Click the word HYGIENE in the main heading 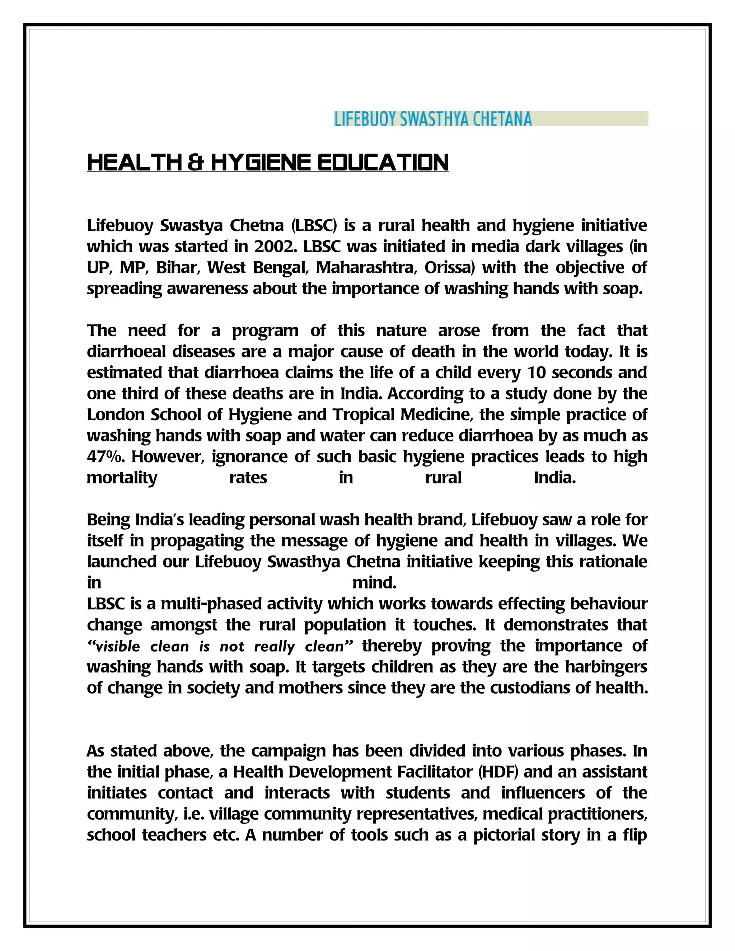pos(261,163)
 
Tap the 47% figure pos(106,457)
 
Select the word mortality pos(122,478)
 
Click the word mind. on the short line pos(374,582)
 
